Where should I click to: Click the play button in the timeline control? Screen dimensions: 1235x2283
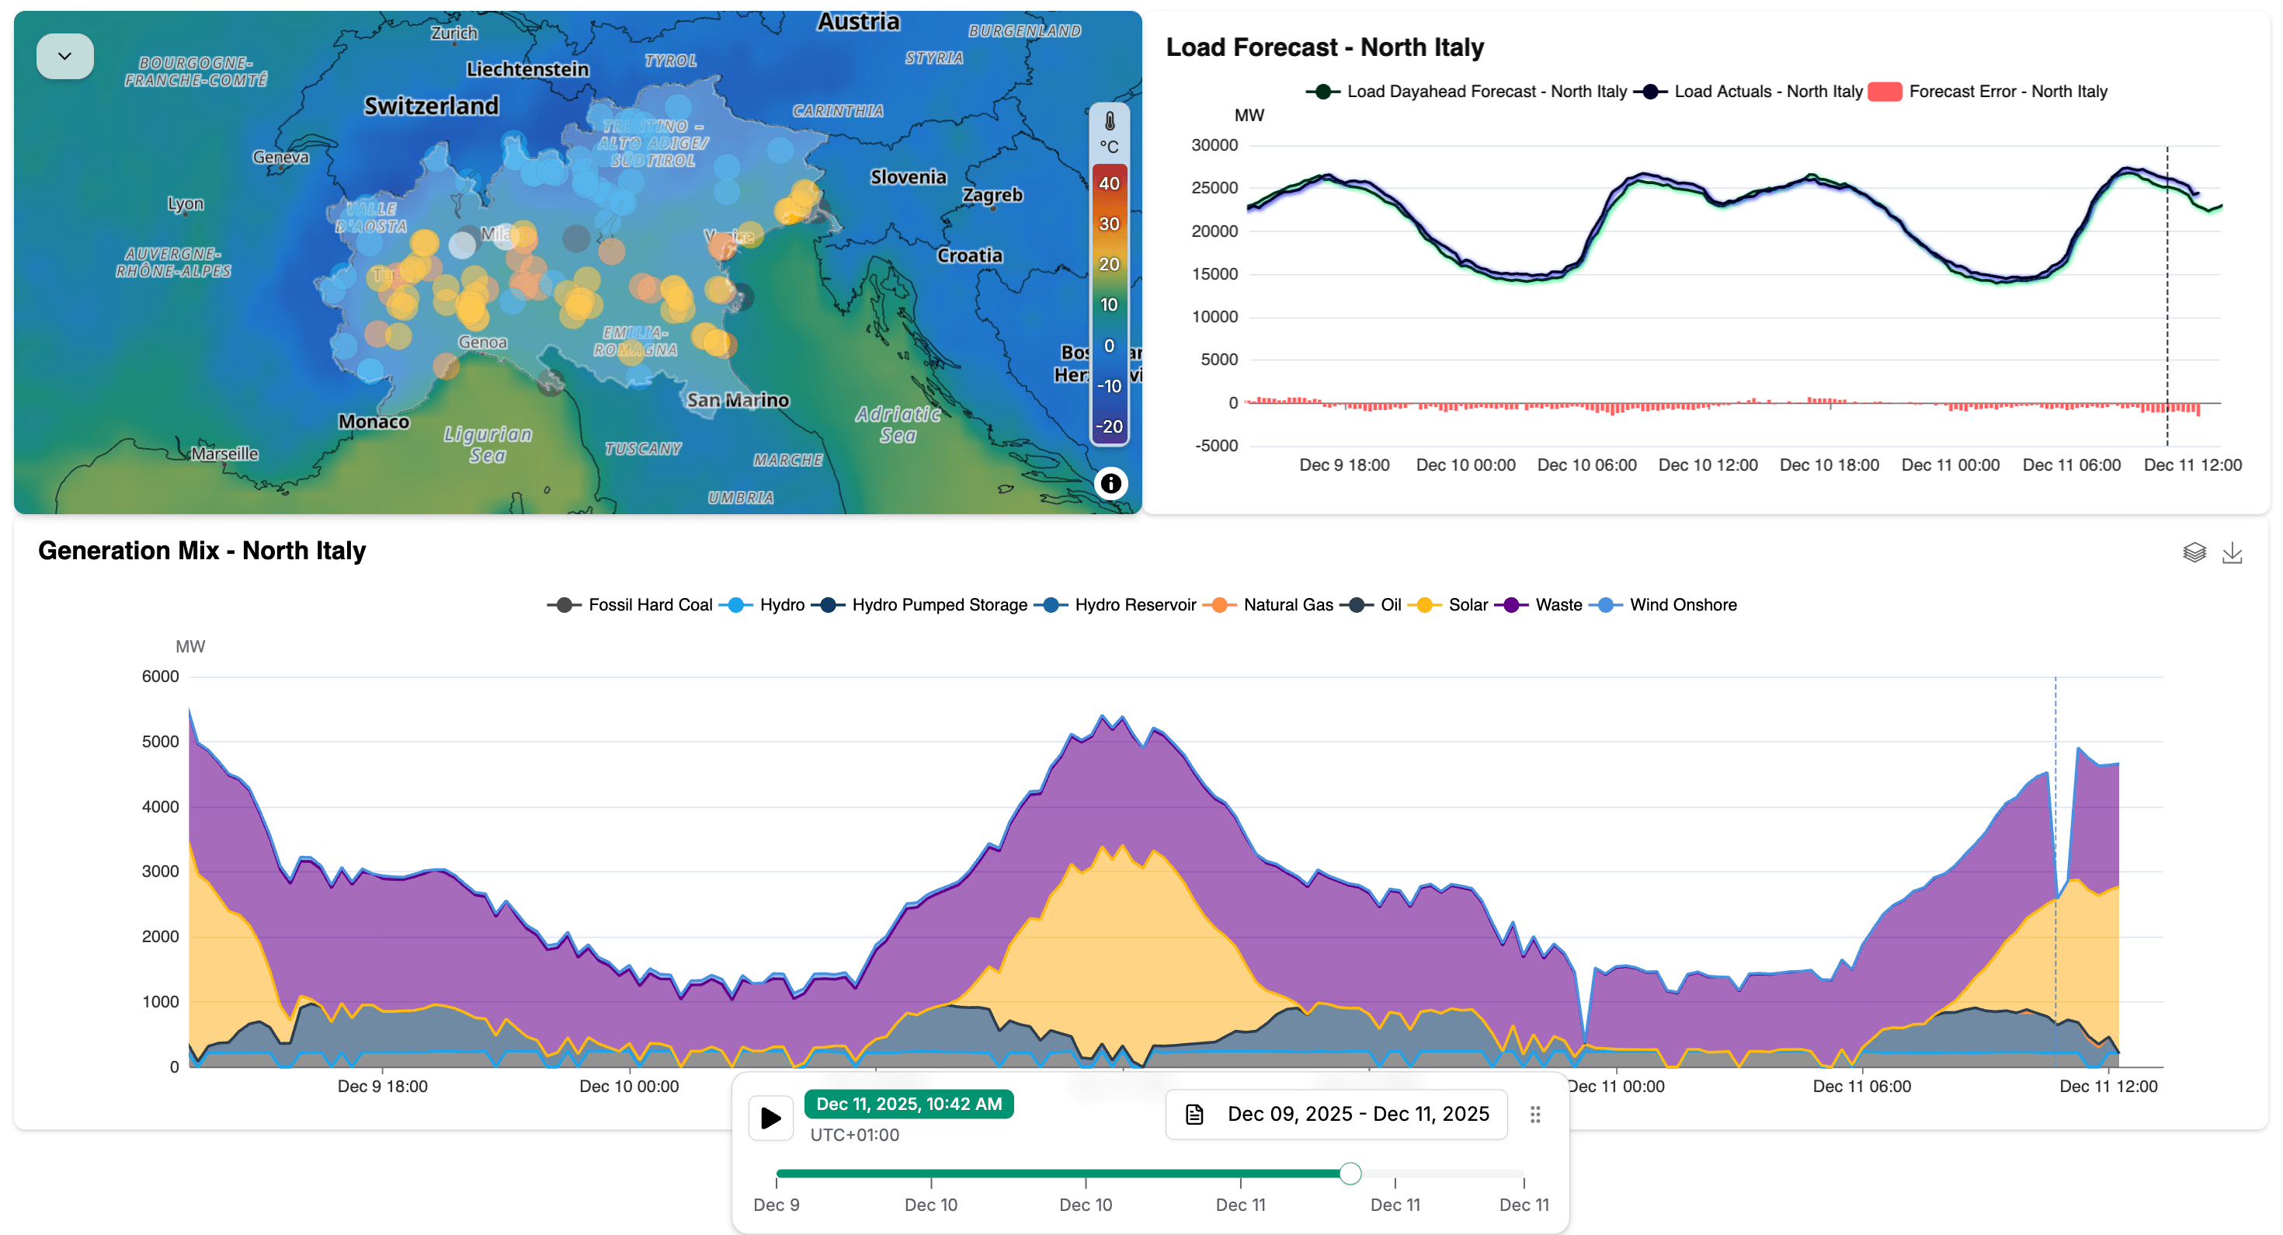click(x=770, y=1117)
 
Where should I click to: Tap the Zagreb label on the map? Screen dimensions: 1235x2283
click(x=992, y=195)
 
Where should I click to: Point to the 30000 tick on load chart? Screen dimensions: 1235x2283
click(x=1214, y=145)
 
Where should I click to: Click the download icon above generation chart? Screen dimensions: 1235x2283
click(x=2232, y=553)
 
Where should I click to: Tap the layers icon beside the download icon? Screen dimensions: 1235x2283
click(x=2194, y=553)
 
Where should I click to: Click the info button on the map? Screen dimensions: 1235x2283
click(x=1110, y=483)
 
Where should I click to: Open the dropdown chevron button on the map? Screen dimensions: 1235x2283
click(x=64, y=56)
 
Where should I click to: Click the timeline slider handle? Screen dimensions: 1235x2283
click(x=1350, y=1174)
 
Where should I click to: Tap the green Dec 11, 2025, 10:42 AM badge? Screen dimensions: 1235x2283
click(x=909, y=1104)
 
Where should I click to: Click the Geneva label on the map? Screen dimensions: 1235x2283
click(x=281, y=157)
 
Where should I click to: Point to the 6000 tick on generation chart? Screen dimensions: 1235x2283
click(x=161, y=677)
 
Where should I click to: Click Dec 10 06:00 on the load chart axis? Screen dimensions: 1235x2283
click(x=1586, y=464)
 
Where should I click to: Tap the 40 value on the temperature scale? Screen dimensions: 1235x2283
click(x=1109, y=183)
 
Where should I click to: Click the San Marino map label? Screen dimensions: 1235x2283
click(x=738, y=400)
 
